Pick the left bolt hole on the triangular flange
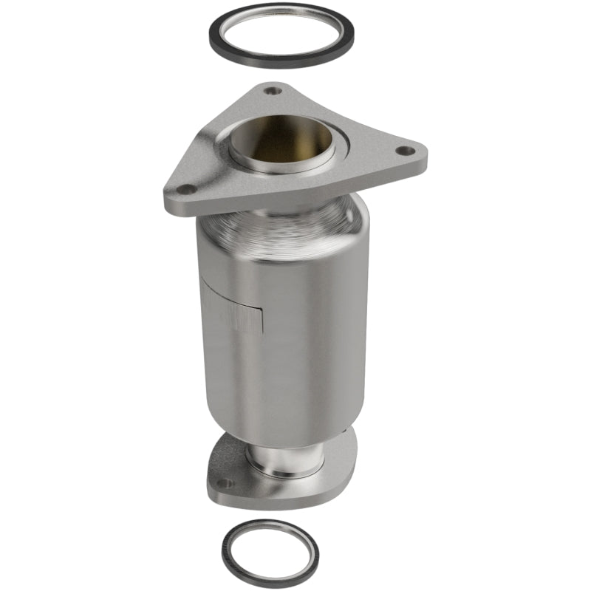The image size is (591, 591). coord(188,190)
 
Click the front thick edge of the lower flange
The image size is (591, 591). coord(273,499)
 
